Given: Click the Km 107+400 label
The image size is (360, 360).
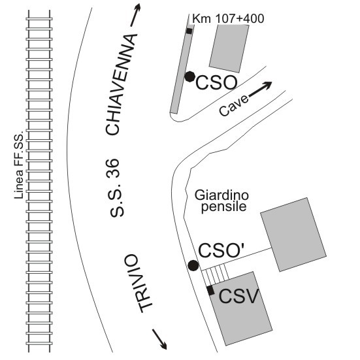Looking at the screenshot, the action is [x=228, y=18].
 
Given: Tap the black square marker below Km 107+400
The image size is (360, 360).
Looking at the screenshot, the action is [x=189, y=31].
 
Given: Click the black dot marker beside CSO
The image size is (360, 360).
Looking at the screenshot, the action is [x=190, y=76].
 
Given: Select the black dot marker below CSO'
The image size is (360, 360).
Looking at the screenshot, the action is [x=193, y=265].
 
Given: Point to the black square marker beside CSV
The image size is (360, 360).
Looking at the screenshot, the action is [x=210, y=291].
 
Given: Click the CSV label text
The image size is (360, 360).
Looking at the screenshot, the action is [x=238, y=297].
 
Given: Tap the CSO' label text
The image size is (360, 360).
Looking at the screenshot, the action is [x=221, y=250].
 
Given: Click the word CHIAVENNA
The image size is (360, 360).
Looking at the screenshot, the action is [x=121, y=84].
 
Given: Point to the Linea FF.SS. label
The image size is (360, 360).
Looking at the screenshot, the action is [x=19, y=165].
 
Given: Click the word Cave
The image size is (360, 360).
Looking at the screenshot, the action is [x=234, y=106].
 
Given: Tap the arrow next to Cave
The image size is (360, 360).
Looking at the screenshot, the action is [x=260, y=89].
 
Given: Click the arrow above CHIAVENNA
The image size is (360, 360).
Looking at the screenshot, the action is [x=135, y=15].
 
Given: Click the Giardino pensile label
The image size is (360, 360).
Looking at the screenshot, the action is [x=221, y=201].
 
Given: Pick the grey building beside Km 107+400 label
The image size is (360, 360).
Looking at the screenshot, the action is [x=229, y=48].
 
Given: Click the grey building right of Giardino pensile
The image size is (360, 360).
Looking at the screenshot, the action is [x=293, y=235].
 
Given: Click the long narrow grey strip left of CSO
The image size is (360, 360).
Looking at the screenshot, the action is [x=182, y=69].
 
